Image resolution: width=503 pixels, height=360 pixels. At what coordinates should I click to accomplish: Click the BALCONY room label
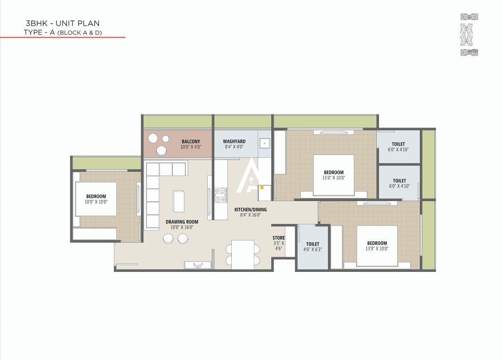tap(191, 142)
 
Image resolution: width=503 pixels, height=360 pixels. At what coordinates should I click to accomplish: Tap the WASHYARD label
tap(234, 142)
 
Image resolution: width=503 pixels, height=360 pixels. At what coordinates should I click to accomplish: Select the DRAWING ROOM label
tap(182, 222)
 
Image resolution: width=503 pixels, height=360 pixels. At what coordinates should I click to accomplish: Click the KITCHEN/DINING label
tap(250, 209)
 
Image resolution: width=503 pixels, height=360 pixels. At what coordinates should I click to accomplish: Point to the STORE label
tap(279, 238)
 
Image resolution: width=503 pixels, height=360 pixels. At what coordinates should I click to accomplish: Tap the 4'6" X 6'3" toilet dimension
tap(312, 250)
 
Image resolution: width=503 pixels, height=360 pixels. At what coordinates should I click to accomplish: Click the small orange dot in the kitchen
tap(262, 187)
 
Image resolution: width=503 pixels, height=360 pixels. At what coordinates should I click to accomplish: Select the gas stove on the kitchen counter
tap(221, 195)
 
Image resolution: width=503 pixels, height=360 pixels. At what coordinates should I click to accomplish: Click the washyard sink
tap(265, 143)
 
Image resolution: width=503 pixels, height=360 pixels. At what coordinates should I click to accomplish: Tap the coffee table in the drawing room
tap(179, 201)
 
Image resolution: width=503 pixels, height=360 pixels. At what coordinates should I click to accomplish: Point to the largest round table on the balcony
tap(161, 150)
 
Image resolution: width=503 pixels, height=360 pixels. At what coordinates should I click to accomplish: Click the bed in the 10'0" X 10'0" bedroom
tap(96, 199)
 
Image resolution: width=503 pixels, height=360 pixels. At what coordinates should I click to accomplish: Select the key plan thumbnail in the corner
tap(469, 35)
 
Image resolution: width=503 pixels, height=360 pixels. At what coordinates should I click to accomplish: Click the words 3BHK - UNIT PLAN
tap(62, 23)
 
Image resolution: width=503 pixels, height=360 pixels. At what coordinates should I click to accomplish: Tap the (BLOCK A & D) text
tap(80, 32)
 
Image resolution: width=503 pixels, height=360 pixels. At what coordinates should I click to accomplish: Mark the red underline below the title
tap(62, 38)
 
